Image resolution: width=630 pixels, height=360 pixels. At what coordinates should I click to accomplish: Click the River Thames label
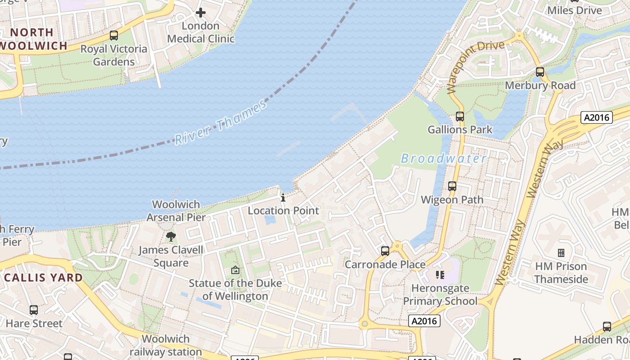point(220,123)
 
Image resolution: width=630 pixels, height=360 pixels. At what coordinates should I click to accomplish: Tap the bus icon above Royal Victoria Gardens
point(114,36)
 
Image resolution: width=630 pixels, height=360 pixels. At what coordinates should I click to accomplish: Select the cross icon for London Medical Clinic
point(201,13)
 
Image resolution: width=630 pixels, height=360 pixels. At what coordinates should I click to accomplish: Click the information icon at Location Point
point(283,198)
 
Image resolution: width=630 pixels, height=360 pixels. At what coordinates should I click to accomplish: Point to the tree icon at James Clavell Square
point(171,237)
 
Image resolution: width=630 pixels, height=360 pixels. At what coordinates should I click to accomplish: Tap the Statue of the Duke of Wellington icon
point(235,270)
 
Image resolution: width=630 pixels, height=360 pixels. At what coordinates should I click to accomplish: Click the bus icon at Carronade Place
point(385,251)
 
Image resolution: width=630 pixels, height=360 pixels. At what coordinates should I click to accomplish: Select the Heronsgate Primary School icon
point(440,274)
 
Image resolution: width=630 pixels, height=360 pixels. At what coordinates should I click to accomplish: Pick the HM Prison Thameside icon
point(561,253)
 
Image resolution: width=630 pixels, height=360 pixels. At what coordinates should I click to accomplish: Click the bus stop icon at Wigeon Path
point(452,186)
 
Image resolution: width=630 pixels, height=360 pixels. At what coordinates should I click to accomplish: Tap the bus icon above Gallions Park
point(459,117)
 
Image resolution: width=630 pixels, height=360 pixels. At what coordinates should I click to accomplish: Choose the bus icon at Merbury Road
point(540,72)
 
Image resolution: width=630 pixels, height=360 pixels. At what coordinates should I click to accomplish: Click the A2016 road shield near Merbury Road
point(597,118)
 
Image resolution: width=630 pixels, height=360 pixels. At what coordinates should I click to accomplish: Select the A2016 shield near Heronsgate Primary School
point(424,321)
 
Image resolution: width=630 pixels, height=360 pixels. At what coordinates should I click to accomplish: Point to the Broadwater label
point(444,158)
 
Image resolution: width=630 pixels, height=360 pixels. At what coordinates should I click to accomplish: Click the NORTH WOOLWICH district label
point(34,39)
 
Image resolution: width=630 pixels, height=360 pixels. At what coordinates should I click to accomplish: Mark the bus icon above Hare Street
point(34,310)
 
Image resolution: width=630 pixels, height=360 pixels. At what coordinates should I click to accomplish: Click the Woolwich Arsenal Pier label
point(176,211)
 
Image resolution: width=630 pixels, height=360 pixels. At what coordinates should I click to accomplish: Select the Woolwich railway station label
point(166,345)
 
